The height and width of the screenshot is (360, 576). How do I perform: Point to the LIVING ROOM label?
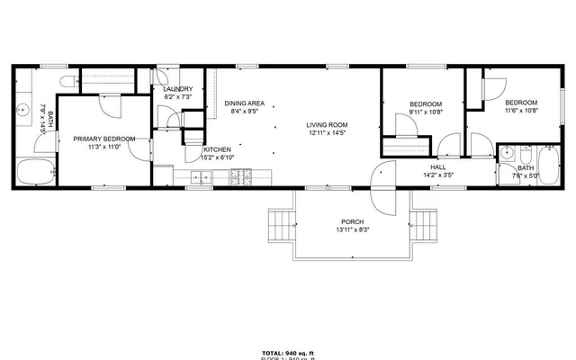click(327, 125)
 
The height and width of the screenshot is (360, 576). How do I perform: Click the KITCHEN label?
click(217, 149)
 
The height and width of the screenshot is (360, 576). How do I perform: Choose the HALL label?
click(438, 167)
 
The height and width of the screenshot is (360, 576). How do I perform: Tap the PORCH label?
click(351, 221)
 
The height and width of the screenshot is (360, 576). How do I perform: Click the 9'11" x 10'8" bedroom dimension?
click(426, 113)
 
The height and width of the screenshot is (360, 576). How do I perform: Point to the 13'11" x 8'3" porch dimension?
click(351, 229)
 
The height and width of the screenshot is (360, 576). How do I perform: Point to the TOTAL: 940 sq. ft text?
click(288, 352)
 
